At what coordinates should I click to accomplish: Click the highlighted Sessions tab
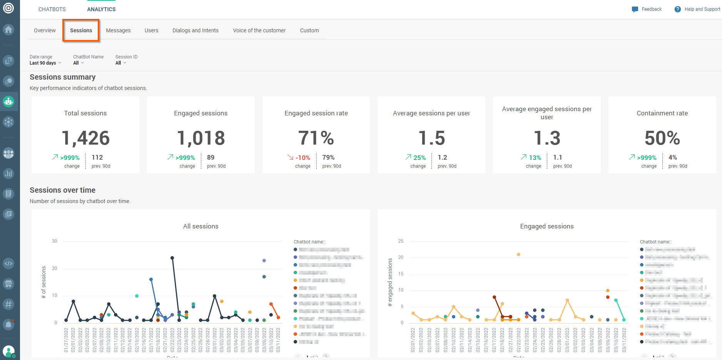[x=81, y=30]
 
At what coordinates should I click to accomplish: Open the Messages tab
[x=118, y=30]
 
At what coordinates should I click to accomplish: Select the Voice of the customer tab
[x=259, y=30]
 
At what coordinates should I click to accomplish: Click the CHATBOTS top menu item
[x=52, y=9]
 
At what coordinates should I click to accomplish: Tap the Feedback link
[x=651, y=9]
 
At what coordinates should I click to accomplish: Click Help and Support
[x=702, y=9]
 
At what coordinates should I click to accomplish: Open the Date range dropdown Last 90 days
[x=45, y=63]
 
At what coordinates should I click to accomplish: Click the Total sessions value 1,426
[x=85, y=138]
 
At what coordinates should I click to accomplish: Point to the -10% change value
[x=303, y=158]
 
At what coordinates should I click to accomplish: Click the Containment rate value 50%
[x=662, y=138]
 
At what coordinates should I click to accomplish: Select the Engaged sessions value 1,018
[x=201, y=138]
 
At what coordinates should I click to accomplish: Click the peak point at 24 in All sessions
[x=172, y=258]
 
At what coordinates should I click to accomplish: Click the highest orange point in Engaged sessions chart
[x=518, y=254]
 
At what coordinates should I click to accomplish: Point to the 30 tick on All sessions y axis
[x=54, y=241]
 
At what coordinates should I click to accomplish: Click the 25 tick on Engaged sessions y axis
[x=401, y=241]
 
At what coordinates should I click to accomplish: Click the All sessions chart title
[x=201, y=226]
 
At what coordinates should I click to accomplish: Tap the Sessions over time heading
[x=62, y=190]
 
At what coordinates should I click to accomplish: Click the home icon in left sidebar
[x=8, y=30]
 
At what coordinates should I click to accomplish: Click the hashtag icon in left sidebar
[x=8, y=304]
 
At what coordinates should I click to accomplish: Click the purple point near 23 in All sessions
[x=264, y=260]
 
